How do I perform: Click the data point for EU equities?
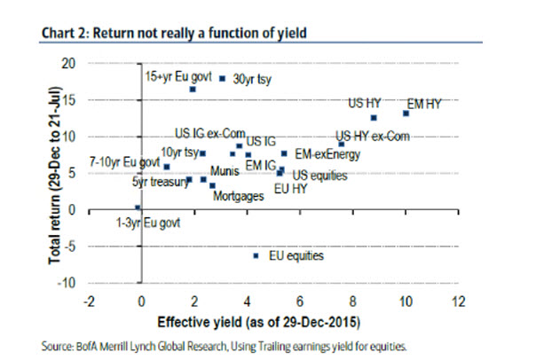pyautogui.click(x=256, y=255)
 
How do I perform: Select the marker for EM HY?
pyautogui.click(x=406, y=113)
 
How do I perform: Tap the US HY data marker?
pyautogui.click(x=374, y=117)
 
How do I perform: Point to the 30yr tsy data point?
pyautogui.click(x=222, y=78)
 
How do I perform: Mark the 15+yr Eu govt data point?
pyautogui.click(x=193, y=90)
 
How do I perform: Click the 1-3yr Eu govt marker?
pyautogui.click(x=138, y=207)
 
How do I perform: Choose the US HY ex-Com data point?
pyautogui.click(x=342, y=144)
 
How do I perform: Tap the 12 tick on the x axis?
pyautogui.click(x=459, y=301)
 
